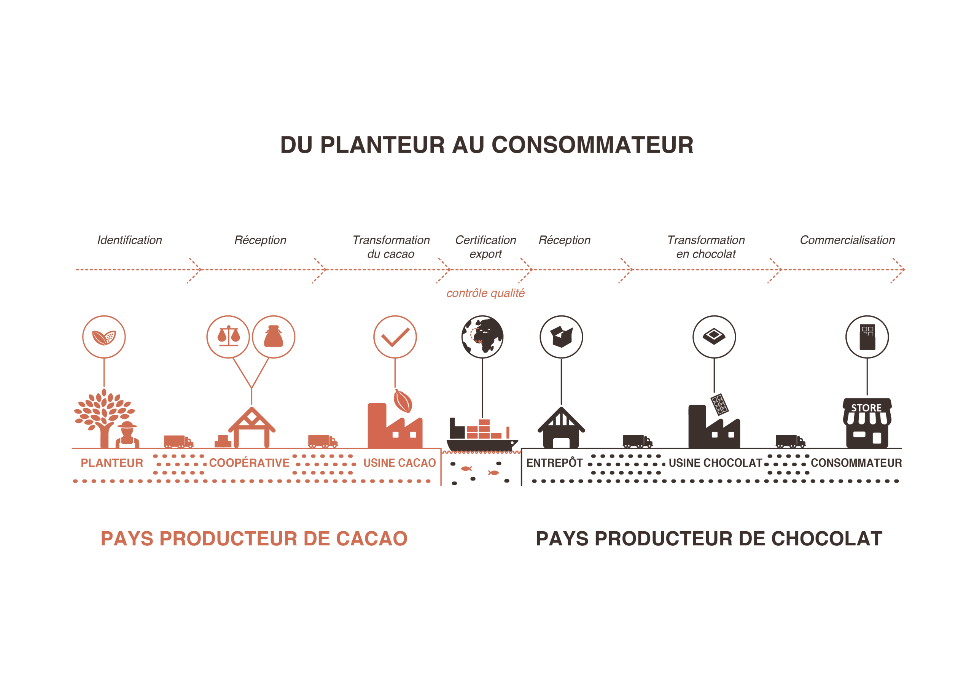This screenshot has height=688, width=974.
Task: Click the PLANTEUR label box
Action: [x=111, y=463]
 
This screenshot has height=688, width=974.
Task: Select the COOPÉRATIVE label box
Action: [x=249, y=463]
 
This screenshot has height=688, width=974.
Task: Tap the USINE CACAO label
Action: [x=399, y=463]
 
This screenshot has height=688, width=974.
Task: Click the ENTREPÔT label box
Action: [x=554, y=463]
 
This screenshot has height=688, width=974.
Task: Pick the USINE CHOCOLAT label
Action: [x=715, y=463]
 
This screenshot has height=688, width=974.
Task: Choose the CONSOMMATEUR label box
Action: [x=856, y=463]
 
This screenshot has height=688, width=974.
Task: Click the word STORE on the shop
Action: [x=866, y=408]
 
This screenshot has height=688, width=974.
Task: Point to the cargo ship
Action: [x=482, y=437]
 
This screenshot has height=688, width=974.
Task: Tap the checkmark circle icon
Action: [x=395, y=337]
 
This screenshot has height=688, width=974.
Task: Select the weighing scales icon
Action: [x=228, y=337]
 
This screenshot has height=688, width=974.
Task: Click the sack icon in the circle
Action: [x=274, y=337]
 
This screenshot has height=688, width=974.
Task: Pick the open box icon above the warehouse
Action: [x=561, y=337]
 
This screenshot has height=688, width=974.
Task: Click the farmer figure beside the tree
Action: [x=127, y=435]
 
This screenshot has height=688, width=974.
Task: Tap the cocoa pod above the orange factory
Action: [x=403, y=401]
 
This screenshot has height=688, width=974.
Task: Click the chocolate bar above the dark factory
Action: [x=719, y=404]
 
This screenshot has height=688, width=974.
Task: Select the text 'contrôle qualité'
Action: [x=485, y=293]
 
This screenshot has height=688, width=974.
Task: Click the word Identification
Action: [x=129, y=240]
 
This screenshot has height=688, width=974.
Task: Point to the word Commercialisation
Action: [x=847, y=240]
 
